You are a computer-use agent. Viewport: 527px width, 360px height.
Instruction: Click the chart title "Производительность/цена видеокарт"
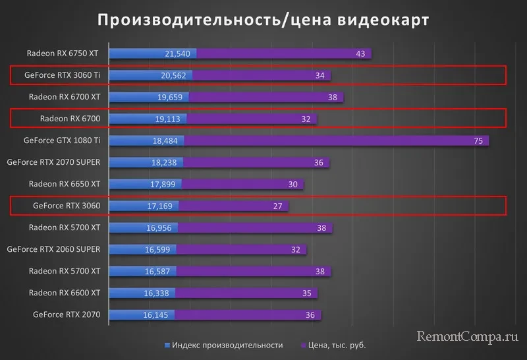point(263,20)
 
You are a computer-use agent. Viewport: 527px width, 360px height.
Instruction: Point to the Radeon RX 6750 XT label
point(63,53)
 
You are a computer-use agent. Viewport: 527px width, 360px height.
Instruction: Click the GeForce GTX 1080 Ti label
point(61,140)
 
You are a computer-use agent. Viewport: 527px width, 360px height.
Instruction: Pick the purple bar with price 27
point(233,206)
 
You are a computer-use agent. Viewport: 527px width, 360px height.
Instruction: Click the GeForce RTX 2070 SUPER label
point(53,162)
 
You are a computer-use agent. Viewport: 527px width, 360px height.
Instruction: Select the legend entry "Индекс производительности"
point(224,345)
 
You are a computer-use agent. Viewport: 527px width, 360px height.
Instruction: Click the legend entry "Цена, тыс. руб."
point(333,345)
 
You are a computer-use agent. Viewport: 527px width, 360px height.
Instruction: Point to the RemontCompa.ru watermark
point(468,337)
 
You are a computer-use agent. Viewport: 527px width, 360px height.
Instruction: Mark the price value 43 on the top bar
point(360,53)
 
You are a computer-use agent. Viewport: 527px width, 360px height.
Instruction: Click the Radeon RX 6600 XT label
point(64,293)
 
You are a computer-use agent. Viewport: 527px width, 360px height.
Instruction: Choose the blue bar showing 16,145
point(141,315)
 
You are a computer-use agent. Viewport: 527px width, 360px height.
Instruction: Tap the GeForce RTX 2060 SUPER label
point(53,249)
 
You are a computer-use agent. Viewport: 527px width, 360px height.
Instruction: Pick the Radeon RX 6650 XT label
point(64,184)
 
